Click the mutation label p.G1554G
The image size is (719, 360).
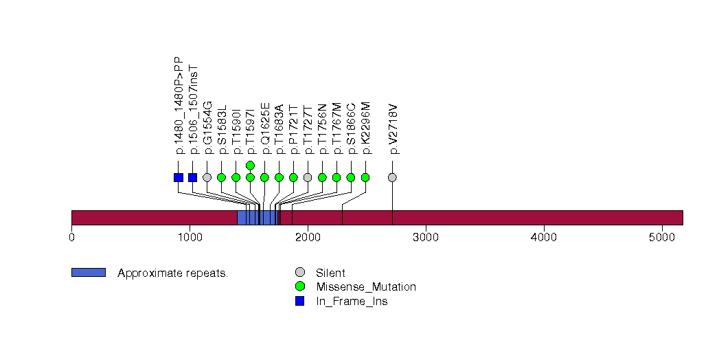(207, 128)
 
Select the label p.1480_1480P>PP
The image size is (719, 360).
(179, 104)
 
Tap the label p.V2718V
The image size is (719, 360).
(393, 129)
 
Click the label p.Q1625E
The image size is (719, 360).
(265, 128)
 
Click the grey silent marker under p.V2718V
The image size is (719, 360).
(392, 177)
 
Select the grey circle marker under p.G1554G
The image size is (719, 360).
(207, 177)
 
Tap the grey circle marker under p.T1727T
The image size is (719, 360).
(308, 177)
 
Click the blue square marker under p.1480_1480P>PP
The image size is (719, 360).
(179, 177)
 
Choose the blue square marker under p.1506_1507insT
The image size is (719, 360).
(193, 177)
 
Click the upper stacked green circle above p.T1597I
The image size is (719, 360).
(251, 165)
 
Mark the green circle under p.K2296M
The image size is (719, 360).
(365, 177)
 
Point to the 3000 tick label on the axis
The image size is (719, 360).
(426, 238)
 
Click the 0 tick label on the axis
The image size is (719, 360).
(71, 238)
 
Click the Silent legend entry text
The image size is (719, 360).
(330, 273)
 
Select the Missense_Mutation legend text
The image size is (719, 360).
(365, 286)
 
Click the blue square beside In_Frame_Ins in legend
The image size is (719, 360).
(299, 301)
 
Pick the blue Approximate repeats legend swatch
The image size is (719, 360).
(88, 273)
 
